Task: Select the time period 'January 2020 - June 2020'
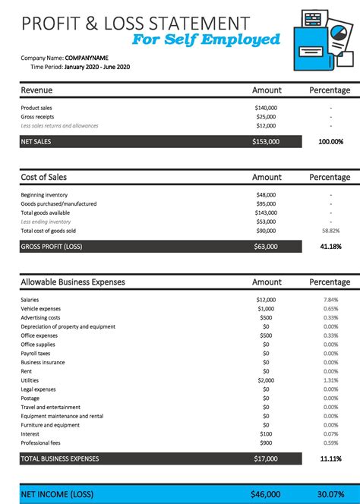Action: (109, 67)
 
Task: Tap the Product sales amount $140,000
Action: (266, 108)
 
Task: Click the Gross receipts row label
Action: (39, 117)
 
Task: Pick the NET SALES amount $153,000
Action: (266, 141)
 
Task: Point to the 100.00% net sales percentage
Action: (330, 141)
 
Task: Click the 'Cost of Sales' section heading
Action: (43, 177)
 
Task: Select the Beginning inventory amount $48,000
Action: (266, 195)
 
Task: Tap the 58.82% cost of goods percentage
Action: (330, 231)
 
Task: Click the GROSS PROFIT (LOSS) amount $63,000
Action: (266, 246)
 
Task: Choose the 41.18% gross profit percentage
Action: (330, 246)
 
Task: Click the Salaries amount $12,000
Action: (266, 299)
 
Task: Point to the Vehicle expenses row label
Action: (41, 308)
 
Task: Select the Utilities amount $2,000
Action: (266, 380)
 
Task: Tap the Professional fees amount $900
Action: (266, 443)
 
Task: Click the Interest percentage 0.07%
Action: (330, 433)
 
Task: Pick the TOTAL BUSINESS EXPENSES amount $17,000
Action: (266, 458)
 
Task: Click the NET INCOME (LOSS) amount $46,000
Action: (266, 493)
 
